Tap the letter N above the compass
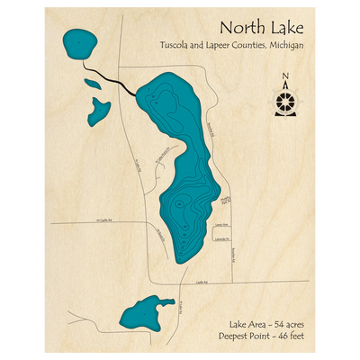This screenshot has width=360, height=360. click(x=286, y=76)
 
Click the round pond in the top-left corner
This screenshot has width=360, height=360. click(x=79, y=42)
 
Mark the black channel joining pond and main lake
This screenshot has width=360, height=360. click(x=110, y=79)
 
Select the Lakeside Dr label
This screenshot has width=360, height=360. click(x=221, y=238)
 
